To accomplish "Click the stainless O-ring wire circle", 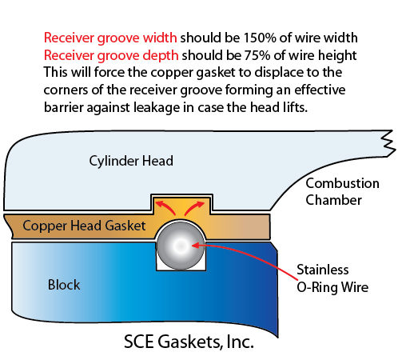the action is click(181, 246).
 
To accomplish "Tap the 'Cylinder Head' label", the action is click(131, 161).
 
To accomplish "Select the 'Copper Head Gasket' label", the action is click(84, 226).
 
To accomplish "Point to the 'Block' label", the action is click(64, 285).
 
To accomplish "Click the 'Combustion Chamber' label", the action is click(342, 191).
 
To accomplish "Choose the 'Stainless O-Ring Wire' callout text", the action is click(332, 278).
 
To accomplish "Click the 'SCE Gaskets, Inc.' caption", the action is click(189, 342).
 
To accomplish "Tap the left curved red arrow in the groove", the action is click(165, 208).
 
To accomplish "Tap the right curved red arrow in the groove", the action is click(194, 208).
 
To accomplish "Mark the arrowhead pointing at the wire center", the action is click(195, 245).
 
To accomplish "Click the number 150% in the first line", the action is click(260, 38).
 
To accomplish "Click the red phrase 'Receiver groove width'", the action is click(110, 38).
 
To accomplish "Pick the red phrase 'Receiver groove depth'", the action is click(111, 55).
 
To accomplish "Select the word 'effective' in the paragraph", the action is click(320, 90).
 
